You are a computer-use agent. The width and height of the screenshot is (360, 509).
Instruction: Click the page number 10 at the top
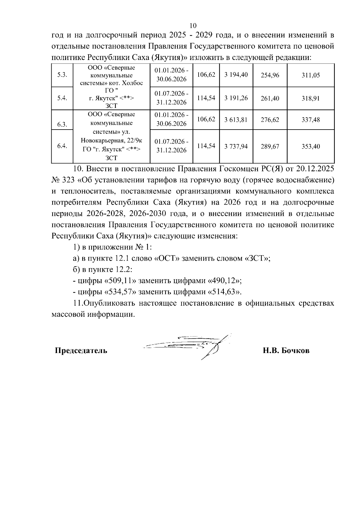(x=193, y=25)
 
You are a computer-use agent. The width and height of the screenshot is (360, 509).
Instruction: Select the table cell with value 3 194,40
(x=236, y=75)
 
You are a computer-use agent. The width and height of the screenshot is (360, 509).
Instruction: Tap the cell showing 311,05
(x=310, y=75)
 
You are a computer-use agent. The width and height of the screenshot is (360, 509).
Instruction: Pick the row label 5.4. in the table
(x=62, y=98)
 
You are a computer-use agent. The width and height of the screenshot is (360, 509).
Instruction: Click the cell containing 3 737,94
(x=236, y=146)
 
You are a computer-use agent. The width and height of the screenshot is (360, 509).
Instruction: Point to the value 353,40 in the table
(x=310, y=146)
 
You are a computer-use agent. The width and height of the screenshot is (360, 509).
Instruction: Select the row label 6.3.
(x=62, y=124)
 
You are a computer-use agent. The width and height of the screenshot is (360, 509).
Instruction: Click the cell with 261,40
(x=270, y=98)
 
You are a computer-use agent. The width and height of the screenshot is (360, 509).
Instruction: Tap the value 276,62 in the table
(x=270, y=120)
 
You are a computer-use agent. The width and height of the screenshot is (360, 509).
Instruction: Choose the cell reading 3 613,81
(x=236, y=120)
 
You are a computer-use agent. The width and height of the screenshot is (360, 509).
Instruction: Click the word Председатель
(x=81, y=350)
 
